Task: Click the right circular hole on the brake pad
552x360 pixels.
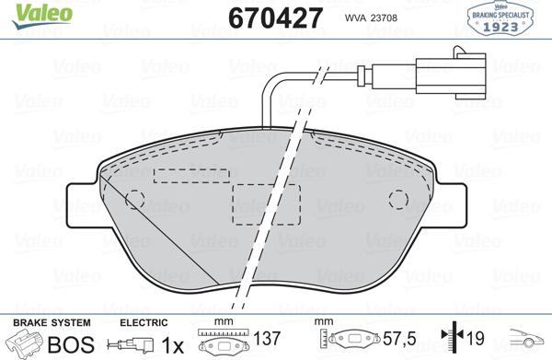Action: (397, 200)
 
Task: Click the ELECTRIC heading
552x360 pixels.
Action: (144, 322)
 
